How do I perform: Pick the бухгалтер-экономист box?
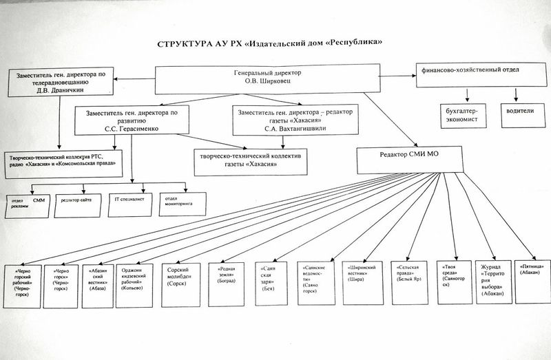(x=462, y=115)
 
